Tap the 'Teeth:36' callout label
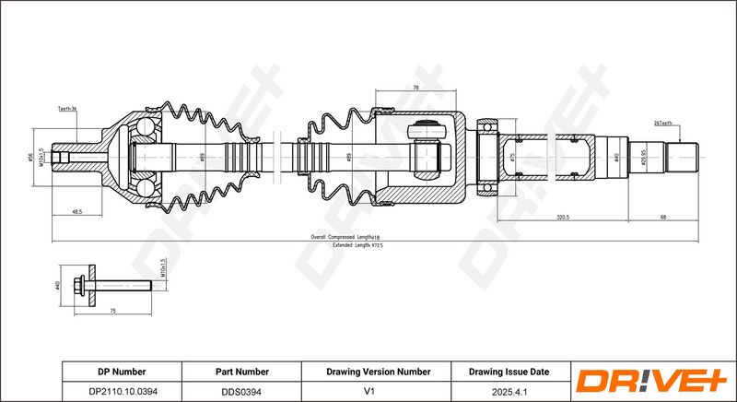66,109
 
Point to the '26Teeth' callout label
662,123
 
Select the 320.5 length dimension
564,217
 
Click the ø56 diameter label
30,158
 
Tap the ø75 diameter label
512,158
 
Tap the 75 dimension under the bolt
112,312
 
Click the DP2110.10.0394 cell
122,391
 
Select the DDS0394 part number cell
241,391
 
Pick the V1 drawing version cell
378,391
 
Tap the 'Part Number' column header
241,372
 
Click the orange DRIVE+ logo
649,381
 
